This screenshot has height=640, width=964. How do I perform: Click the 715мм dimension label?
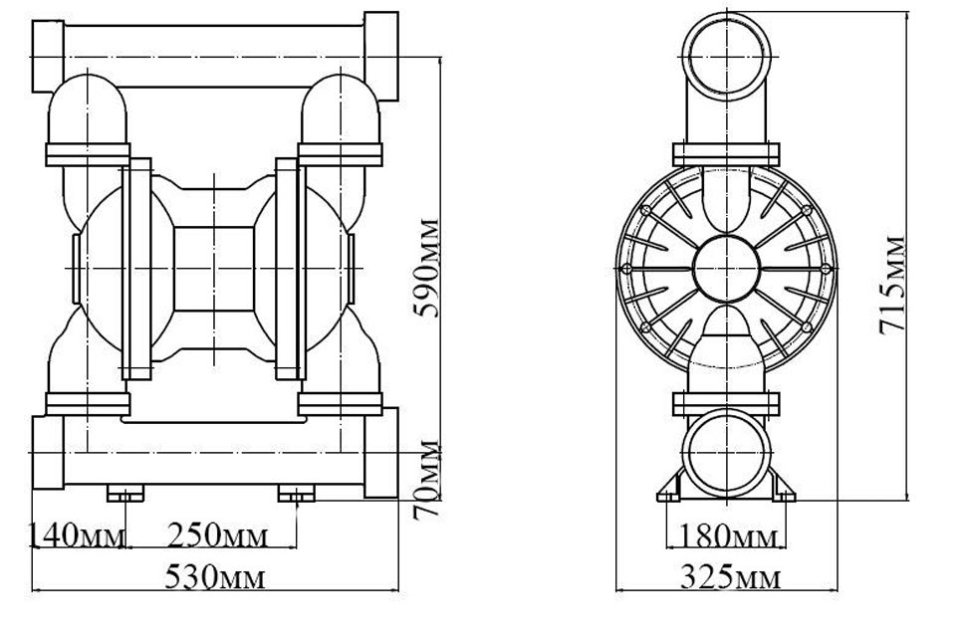click(x=893, y=285)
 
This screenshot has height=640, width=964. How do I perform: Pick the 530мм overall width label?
click(x=215, y=578)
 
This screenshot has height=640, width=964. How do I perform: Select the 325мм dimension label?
click(x=728, y=578)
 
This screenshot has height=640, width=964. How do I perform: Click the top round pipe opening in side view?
click(x=726, y=58)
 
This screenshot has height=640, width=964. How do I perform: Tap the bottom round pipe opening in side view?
click(x=726, y=454)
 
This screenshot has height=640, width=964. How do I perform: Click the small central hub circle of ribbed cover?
click(x=726, y=268)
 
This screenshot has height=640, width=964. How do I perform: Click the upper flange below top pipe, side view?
click(x=726, y=154)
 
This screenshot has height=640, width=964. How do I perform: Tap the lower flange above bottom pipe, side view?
click(x=726, y=404)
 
